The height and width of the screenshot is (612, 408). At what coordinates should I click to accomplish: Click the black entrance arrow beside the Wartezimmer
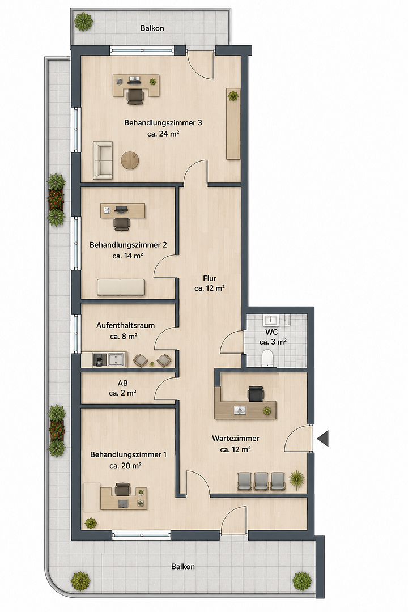324,438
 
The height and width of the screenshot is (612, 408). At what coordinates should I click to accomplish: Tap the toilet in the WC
267,358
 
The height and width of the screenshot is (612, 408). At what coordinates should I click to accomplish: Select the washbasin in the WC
270,320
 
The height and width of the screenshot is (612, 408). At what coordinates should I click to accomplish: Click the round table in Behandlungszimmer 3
130,160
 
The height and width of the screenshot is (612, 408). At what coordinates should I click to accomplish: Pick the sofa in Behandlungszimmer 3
103,160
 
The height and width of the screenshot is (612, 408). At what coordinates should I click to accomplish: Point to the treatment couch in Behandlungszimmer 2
121,287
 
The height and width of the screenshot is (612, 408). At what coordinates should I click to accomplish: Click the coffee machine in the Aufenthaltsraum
99,360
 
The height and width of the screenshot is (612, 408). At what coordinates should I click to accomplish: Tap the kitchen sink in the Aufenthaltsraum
116,360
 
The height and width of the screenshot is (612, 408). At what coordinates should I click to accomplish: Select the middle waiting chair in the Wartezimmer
261,481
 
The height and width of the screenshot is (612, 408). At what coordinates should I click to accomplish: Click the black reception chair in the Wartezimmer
256,393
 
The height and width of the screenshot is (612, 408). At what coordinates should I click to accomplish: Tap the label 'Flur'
210,278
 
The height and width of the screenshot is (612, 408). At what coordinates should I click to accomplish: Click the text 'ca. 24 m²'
163,134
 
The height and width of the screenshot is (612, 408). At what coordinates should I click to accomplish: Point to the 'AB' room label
122,383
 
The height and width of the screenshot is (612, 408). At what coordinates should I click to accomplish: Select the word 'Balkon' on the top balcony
152,28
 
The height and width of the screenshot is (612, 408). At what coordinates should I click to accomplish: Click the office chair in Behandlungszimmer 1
122,490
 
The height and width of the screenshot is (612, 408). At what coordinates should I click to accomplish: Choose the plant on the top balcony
83,22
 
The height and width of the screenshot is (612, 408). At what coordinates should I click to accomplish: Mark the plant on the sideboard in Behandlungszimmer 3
233,96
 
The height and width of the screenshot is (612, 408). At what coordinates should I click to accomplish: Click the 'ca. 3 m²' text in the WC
273,342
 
